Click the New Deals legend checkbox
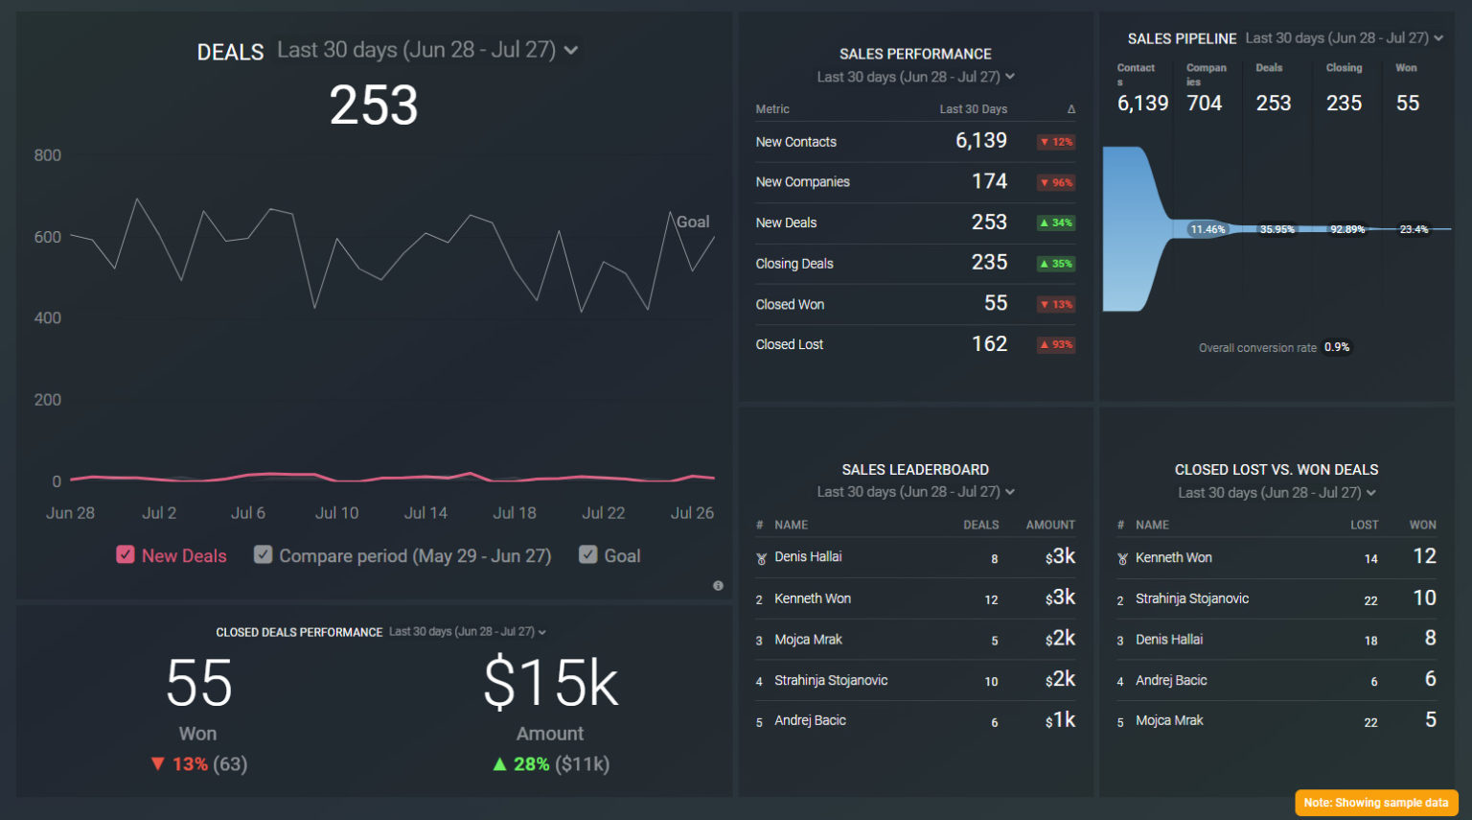(126, 554)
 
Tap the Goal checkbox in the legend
(588, 554)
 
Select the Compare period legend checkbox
(263, 554)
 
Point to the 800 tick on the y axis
(48, 155)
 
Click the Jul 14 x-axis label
(425, 513)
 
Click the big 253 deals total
(374, 105)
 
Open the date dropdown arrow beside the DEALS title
(571, 50)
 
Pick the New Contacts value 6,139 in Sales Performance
(980, 141)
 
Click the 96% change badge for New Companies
(1056, 182)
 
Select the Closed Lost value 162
(989, 344)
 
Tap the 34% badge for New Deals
(1056, 223)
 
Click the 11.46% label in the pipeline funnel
(1207, 229)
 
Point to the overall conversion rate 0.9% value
(1337, 347)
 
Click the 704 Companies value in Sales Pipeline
(1205, 104)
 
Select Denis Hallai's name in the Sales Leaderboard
(808, 557)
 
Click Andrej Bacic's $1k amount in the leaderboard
(1060, 720)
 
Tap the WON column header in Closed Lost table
(1422, 525)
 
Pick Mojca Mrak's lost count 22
(1370, 722)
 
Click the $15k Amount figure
(550, 683)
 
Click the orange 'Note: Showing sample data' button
(1375, 803)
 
